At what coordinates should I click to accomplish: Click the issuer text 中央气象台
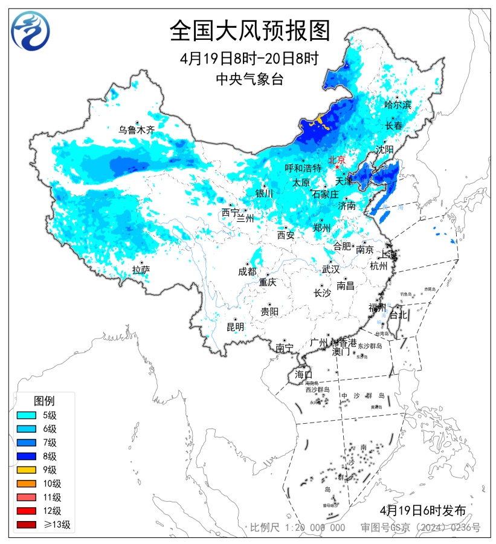click(x=250, y=79)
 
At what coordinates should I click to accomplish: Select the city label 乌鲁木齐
click(x=137, y=129)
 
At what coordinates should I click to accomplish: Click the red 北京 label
click(x=336, y=160)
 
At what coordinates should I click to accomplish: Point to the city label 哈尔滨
click(x=398, y=105)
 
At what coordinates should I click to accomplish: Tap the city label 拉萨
click(x=141, y=270)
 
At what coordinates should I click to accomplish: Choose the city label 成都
click(x=247, y=271)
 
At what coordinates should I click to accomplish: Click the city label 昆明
click(x=235, y=327)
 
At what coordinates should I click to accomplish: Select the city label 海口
click(x=303, y=374)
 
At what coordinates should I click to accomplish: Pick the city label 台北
click(x=399, y=315)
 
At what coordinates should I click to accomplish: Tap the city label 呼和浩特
click(x=303, y=167)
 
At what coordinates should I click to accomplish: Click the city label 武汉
click(x=330, y=269)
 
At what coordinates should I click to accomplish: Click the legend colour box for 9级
click(x=28, y=470)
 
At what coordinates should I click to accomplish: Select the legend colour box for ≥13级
click(x=28, y=525)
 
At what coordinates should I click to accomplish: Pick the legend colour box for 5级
click(x=28, y=415)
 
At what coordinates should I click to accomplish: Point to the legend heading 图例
click(x=44, y=400)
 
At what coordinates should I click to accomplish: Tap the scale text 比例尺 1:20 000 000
click(x=298, y=528)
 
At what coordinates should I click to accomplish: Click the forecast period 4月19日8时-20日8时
click(x=250, y=59)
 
